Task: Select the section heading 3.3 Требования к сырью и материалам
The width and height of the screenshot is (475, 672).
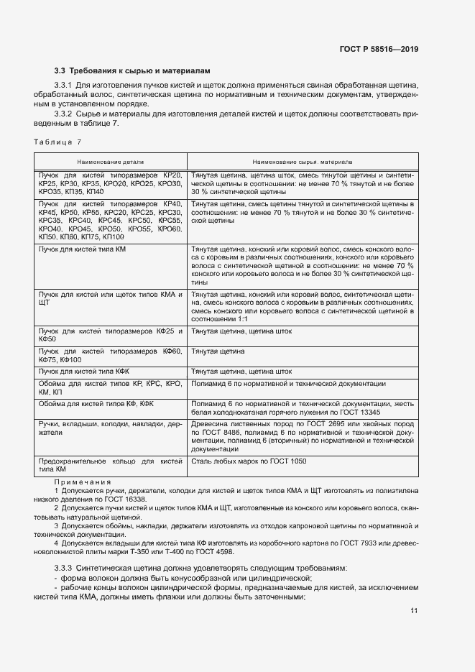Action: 133,71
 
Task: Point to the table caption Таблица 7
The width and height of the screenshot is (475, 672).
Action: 59,142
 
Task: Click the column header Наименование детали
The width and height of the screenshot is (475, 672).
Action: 110,162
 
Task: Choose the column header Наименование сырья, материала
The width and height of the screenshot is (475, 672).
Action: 303,162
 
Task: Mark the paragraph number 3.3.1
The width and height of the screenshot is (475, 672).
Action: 65,86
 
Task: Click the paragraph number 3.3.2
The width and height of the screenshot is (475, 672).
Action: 65,114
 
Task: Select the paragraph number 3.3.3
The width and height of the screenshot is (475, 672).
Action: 65,568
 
